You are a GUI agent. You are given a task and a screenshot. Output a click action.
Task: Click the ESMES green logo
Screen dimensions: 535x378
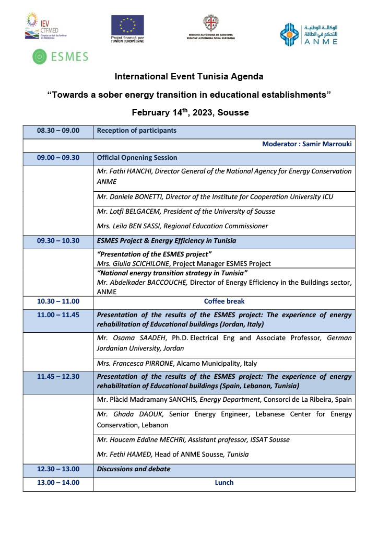tap(60, 56)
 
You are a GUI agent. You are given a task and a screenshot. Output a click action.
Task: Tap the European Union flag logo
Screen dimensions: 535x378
tap(127, 25)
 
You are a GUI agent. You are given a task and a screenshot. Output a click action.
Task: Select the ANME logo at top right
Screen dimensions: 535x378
tap(308, 34)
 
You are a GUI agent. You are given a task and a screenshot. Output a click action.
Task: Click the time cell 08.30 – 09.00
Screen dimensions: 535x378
tap(58, 131)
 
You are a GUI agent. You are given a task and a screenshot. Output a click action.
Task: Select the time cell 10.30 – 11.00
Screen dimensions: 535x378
tap(58, 301)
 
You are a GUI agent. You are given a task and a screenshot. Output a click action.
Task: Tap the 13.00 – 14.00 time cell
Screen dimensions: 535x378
tap(58, 483)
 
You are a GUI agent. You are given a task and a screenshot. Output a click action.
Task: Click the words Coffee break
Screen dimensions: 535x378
tap(224, 301)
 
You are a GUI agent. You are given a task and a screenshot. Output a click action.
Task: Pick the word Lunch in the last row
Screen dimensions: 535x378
tap(224, 483)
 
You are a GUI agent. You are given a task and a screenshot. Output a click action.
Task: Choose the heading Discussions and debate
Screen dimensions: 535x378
tap(134, 469)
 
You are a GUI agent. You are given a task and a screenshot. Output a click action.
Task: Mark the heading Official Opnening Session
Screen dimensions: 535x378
tap(137, 158)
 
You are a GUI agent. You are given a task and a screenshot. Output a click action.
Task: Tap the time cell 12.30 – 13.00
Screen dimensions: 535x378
tap(58, 469)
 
